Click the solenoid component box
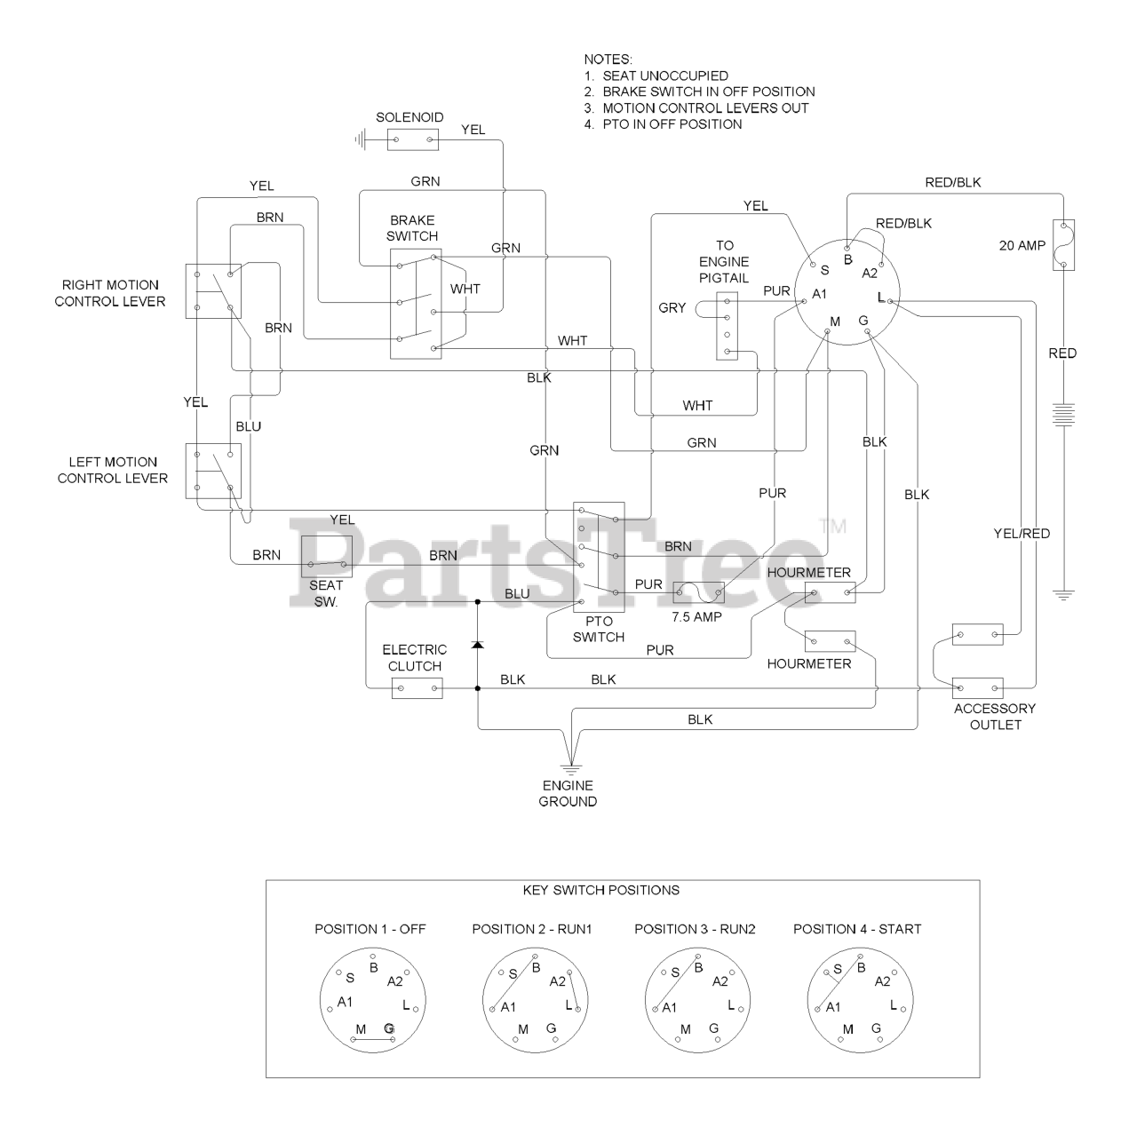click(413, 139)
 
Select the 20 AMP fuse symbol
click(1063, 244)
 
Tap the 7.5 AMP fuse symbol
click(699, 592)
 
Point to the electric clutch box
click(417, 688)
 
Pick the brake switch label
click(412, 228)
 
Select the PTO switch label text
click(598, 630)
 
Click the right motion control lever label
click(110, 293)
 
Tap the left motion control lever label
click(113, 470)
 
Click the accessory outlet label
click(995, 717)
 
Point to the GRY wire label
click(672, 308)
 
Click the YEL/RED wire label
click(1022, 534)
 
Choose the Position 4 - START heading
click(857, 929)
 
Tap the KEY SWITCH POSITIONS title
click(601, 890)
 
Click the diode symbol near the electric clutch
click(478, 643)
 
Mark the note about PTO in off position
click(664, 124)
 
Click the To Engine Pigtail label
click(725, 261)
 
